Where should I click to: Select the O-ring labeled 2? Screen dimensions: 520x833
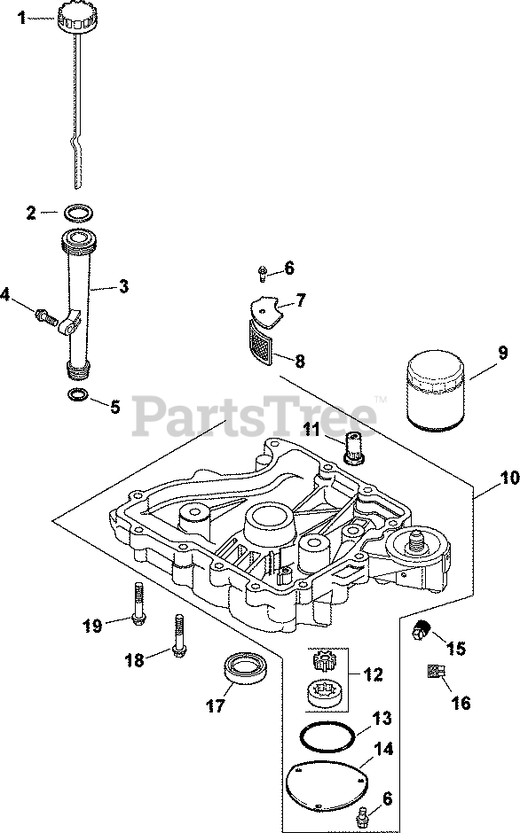[78, 214]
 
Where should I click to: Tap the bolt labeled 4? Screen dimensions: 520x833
[46, 317]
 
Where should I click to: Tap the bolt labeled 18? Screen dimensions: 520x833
[178, 636]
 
